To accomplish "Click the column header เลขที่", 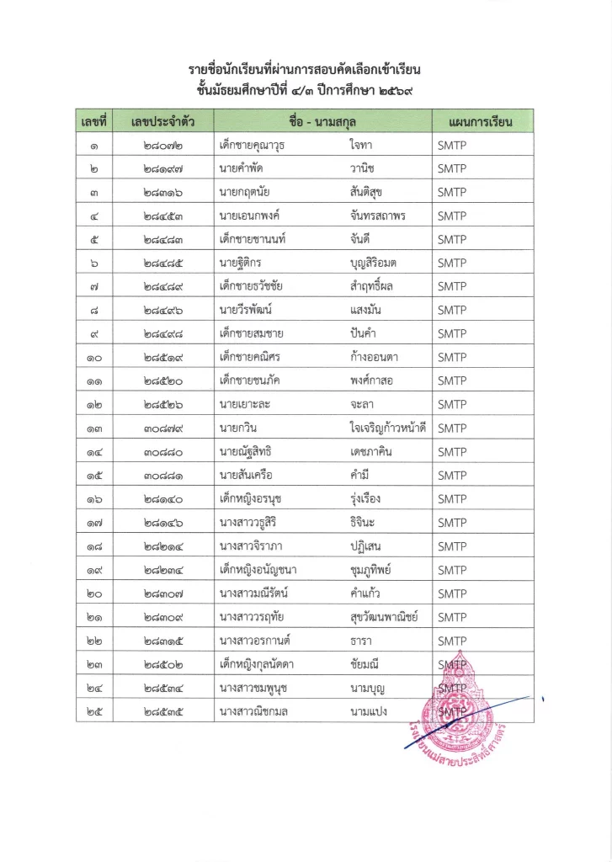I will (x=94, y=121).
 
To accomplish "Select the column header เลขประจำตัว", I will (x=163, y=121).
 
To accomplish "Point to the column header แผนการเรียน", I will (x=482, y=121).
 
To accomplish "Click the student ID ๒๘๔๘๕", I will (x=163, y=263).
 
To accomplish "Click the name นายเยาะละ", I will (x=245, y=404).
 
